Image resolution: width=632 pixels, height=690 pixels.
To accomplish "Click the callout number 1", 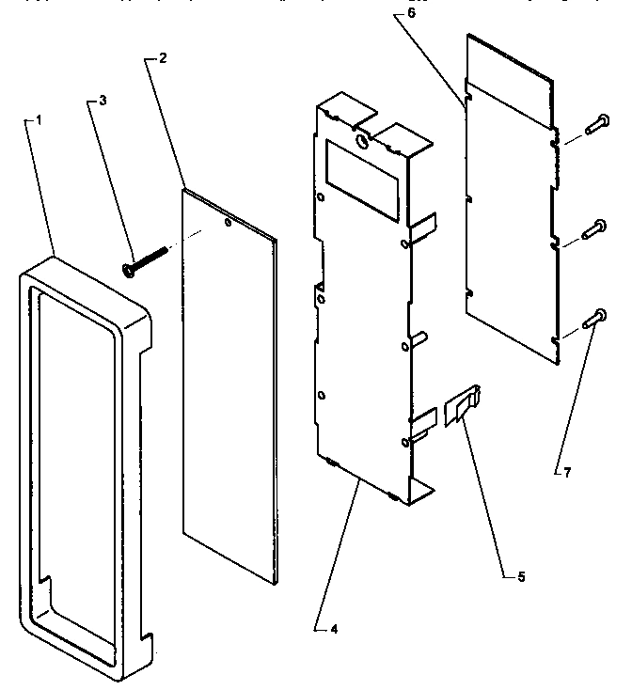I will pyautogui.click(x=39, y=121).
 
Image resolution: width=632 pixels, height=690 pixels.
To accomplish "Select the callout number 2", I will pyautogui.click(x=164, y=58).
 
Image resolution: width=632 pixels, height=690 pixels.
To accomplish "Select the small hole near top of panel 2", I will pyautogui.click(x=229, y=225).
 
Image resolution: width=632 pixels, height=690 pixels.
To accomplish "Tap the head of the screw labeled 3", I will pyautogui.click(x=127, y=269).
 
